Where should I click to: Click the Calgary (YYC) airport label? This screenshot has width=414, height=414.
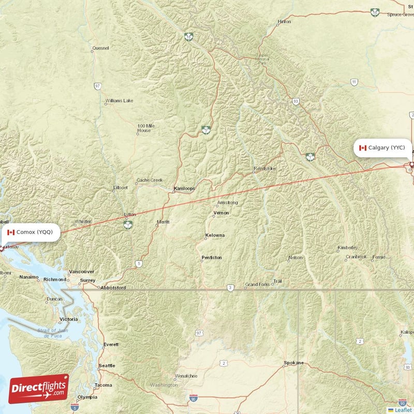click(x=383, y=148)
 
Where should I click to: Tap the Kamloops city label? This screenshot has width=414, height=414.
click(x=185, y=188)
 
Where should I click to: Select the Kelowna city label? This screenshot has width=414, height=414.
click(x=215, y=235)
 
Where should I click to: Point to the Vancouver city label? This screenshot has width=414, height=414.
click(x=82, y=271)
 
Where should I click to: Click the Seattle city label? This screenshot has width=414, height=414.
click(x=107, y=365)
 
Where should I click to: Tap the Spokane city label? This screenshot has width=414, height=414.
click(x=293, y=363)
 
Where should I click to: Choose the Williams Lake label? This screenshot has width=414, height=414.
click(x=119, y=100)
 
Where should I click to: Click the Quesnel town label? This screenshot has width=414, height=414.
click(x=100, y=48)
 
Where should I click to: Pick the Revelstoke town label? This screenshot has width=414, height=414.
click(x=265, y=169)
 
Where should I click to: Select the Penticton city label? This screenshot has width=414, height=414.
click(x=212, y=257)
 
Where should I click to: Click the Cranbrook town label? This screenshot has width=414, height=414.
click(x=356, y=257)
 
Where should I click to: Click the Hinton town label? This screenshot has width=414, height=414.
click(x=284, y=22)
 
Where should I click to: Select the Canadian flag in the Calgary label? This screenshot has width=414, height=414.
click(x=362, y=148)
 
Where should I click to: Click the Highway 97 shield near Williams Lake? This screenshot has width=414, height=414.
click(x=97, y=86)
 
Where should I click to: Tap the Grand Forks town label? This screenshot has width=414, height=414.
click(x=257, y=285)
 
